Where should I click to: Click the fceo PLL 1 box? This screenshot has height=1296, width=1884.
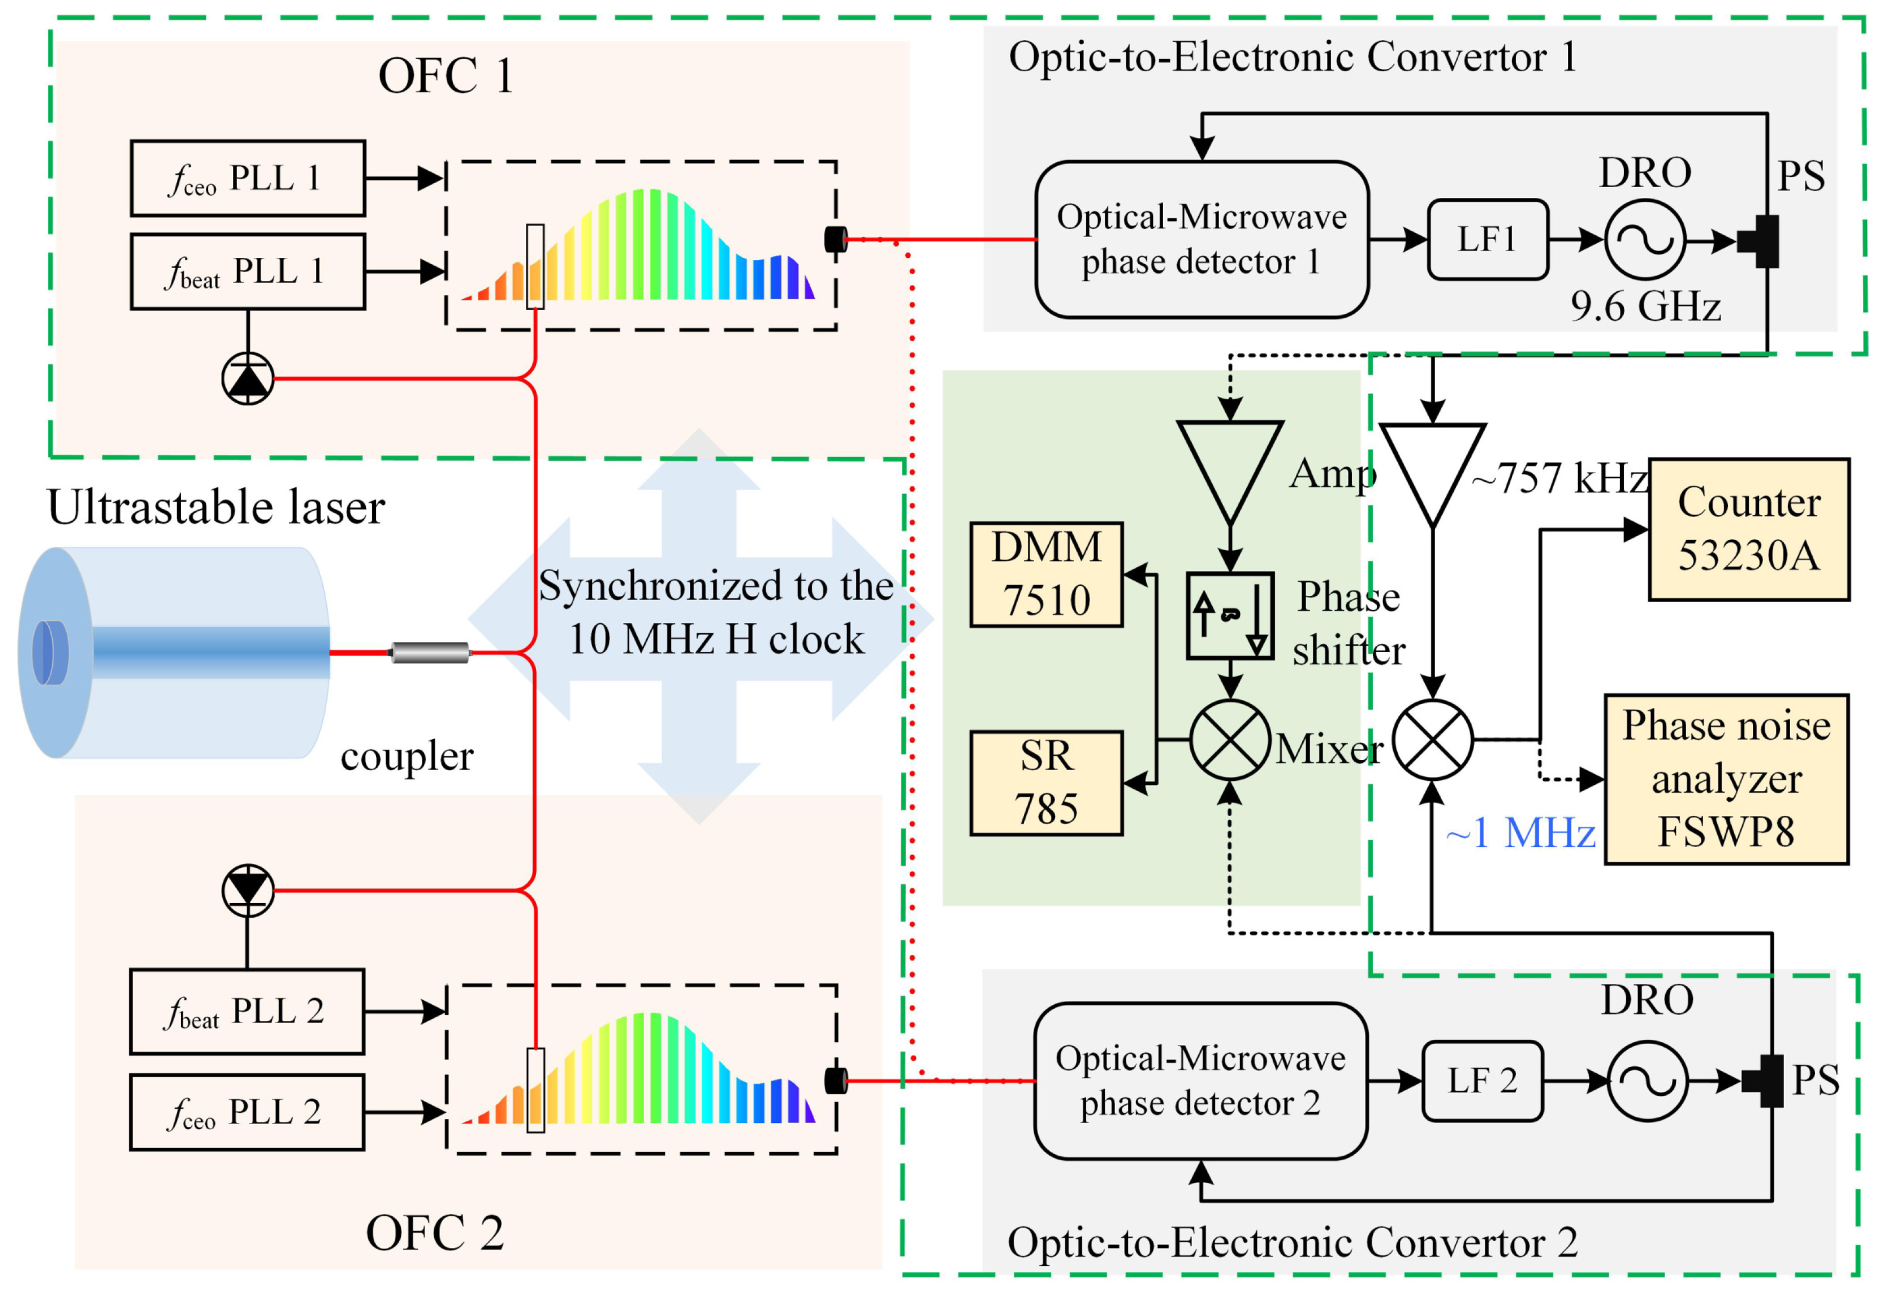coord(248,178)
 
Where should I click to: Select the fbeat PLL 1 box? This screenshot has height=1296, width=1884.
coord(248,271)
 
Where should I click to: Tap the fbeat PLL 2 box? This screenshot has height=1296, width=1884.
coord(247,1012)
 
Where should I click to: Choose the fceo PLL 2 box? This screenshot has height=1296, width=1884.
coord(247,1112)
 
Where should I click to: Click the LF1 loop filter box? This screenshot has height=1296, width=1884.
coord(1487,240)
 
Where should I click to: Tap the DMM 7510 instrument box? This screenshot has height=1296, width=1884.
coord(1046,574)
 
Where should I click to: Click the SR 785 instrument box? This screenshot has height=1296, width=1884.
coord(1046,783)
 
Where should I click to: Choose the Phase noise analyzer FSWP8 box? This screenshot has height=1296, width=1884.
coord(1726,779)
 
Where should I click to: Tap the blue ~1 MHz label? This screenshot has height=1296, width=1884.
coord(1520,833)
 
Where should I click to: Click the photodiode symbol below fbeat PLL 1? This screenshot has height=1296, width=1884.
coord(248,378)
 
